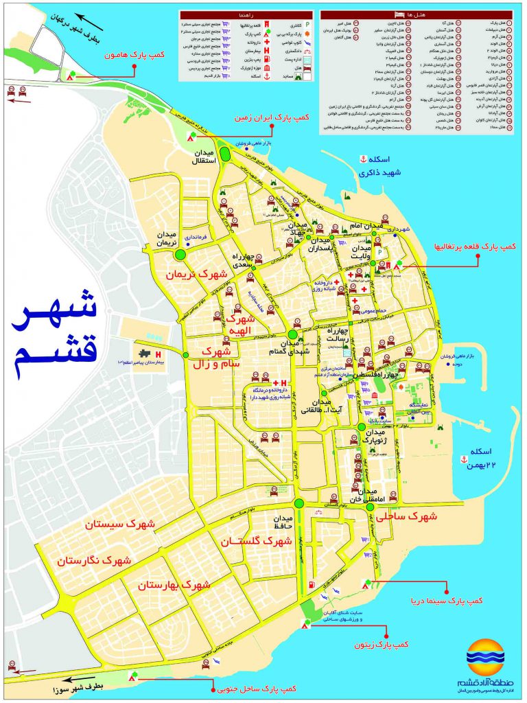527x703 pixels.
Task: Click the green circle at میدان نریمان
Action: (x=181, y=255)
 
